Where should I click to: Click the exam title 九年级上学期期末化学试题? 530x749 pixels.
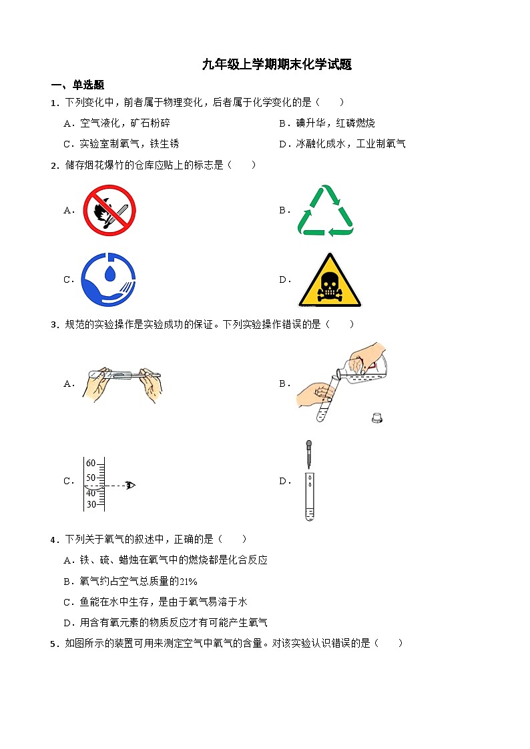(x=277, y=65)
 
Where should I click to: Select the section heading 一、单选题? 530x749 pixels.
(x=77, y=85)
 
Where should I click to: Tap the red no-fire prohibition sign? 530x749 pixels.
(x=109, y=210)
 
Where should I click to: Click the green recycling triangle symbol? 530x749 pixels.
(x=326, y=210)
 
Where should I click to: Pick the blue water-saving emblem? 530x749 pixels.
(x=109, y=279)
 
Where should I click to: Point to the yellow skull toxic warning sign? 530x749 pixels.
(x=330, y=280)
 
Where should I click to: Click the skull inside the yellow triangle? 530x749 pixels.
(x=330, y=286)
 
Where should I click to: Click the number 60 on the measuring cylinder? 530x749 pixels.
(x=91, y=463)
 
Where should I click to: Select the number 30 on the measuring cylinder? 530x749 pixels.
(x=91, y=504)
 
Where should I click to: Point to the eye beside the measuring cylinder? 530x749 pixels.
(x=130, y=486)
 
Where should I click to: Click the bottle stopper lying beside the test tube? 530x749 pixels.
(x=377, y=418)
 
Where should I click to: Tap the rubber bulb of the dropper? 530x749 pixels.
(x=309, y=446)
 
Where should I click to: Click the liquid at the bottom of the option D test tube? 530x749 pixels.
(x=310, y=514)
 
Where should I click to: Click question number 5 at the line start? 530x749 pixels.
(x=54, y=644)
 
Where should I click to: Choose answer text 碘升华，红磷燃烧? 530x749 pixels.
(x=336, y=123)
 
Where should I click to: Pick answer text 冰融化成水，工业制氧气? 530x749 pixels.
(x=351, y=144)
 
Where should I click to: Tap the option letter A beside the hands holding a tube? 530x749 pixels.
(x=68, y=384)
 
